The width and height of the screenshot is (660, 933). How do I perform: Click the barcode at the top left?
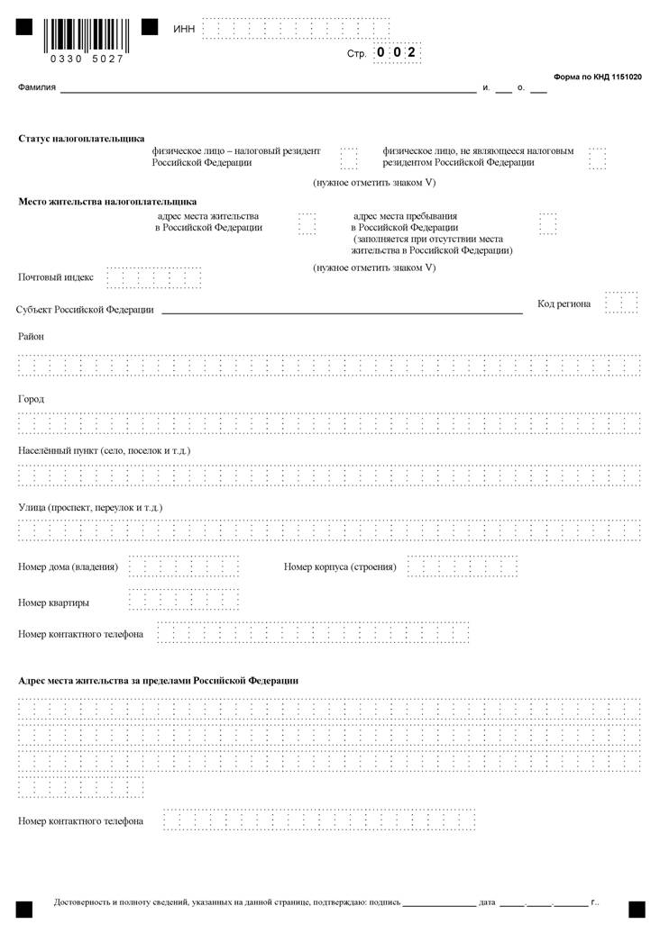(x=87, y=36)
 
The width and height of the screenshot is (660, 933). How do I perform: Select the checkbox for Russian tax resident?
(x=349, y=159)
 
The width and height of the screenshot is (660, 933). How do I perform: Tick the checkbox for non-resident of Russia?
(x=597, y=159)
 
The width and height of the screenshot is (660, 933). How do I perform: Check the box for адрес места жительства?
(x=307, y=223)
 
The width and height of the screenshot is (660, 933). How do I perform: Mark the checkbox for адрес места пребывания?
(x=547, y=223)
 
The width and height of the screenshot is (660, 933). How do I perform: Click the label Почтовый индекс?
(x=56, y=277)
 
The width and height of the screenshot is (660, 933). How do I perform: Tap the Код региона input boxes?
(x=622, y=303)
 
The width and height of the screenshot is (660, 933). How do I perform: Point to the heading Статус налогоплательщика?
(x=81, y=139)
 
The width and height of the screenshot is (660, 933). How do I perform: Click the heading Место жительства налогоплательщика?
(x=107, y=202)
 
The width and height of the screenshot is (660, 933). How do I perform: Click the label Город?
(x=32, y=399)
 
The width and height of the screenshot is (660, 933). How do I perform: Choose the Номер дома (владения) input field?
(x=184, y=566)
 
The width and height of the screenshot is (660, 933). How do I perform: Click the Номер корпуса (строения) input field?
(x=462, y=566)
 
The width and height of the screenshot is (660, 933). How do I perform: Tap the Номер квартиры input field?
(x=184, y=600)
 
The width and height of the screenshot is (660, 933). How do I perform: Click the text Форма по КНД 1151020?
(x=597, y=78)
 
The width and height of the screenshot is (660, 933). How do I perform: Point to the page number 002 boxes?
(x=396, y=53)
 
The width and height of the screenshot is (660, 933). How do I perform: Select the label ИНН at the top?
(x=183, y=30)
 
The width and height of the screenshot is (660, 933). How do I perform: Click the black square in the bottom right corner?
(x=637, y=909)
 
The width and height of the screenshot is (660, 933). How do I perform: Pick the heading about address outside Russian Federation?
(x=158, y=680)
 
